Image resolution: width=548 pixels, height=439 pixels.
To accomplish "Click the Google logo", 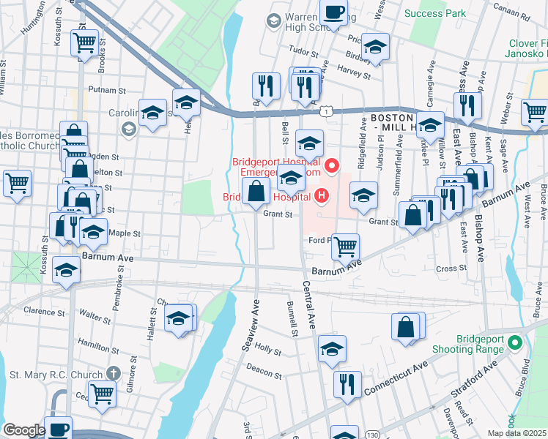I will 23,431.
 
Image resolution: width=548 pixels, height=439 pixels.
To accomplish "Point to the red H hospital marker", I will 320,196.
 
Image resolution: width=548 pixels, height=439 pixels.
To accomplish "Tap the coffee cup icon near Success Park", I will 333,12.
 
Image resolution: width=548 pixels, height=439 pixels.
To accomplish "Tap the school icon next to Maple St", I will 92,231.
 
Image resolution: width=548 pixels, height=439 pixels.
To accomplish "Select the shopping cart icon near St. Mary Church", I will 103,393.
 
